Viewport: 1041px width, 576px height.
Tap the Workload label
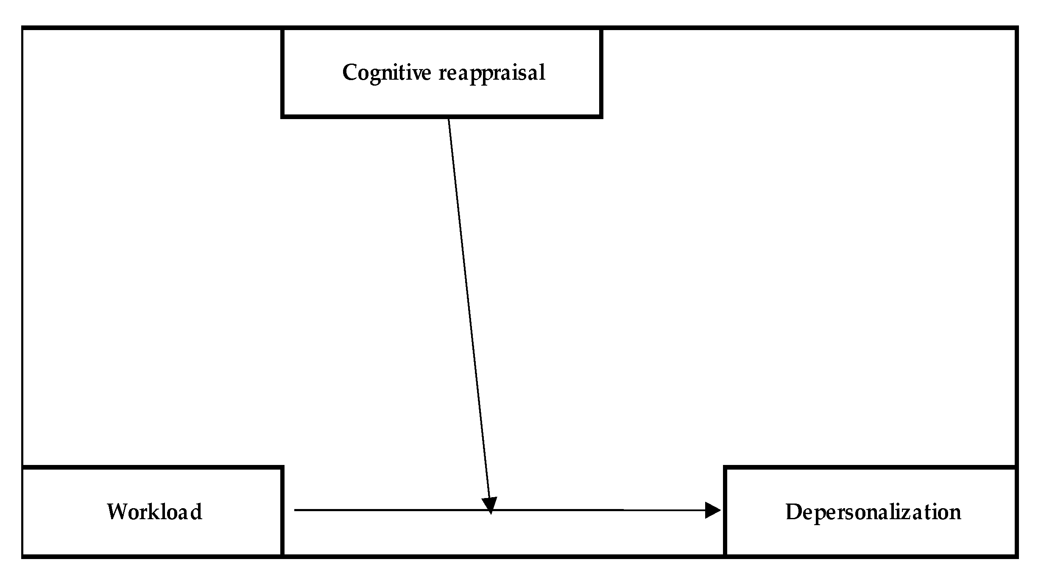pos(154,512)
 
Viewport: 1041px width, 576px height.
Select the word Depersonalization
pos(873,512)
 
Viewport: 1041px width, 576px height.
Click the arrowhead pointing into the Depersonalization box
pos(713,510)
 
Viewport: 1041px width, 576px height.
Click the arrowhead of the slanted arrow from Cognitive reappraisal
pos(490,505)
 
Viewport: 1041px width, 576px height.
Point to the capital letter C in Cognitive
pos(350,72)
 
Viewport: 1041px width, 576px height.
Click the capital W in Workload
pos(117,512)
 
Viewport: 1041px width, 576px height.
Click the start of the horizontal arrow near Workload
pos(295,510)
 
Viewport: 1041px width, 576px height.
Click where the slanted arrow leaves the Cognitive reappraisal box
pos(449,119)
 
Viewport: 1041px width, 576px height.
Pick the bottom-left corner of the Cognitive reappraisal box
pos(282,116)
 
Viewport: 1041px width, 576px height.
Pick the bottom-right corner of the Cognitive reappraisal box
pos(601,116)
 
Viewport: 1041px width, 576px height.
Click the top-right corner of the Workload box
pos(282,467)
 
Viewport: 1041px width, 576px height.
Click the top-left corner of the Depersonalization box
pos(726,467)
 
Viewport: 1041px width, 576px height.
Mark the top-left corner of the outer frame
pos(23,28)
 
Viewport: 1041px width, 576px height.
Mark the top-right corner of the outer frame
pos(1016,28)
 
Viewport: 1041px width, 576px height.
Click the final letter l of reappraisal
pos(542,72)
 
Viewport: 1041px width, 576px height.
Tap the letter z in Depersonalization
pos(912,513)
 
